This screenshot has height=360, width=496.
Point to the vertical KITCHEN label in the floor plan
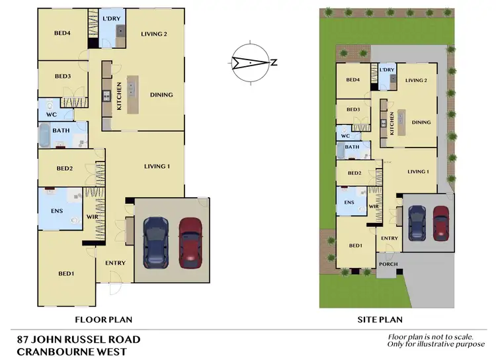[x=119, y=97]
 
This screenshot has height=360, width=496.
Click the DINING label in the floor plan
[x=161, y=95]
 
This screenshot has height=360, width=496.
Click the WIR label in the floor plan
[x=92, y=216]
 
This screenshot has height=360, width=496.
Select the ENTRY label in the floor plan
[x=115, y=263]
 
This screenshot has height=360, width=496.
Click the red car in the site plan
[x=440, y=222]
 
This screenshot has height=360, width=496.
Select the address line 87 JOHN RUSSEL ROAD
[x=79, y=339]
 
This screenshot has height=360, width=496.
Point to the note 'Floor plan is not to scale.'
[x=431, y=337]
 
